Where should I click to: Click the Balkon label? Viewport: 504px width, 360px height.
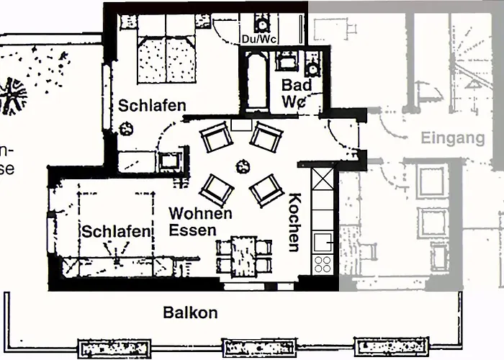point(190,313)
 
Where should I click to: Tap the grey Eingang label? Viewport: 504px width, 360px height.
point(452,138)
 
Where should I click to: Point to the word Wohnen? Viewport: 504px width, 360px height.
point(200,214)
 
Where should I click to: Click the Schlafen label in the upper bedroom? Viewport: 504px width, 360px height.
point(152,105)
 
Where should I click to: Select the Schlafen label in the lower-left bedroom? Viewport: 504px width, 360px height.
point(116,232)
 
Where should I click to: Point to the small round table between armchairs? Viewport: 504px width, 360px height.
point(239,166)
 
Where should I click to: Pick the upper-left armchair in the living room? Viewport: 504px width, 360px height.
point(215,138)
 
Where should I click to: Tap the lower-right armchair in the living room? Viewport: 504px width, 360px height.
point(264,190)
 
